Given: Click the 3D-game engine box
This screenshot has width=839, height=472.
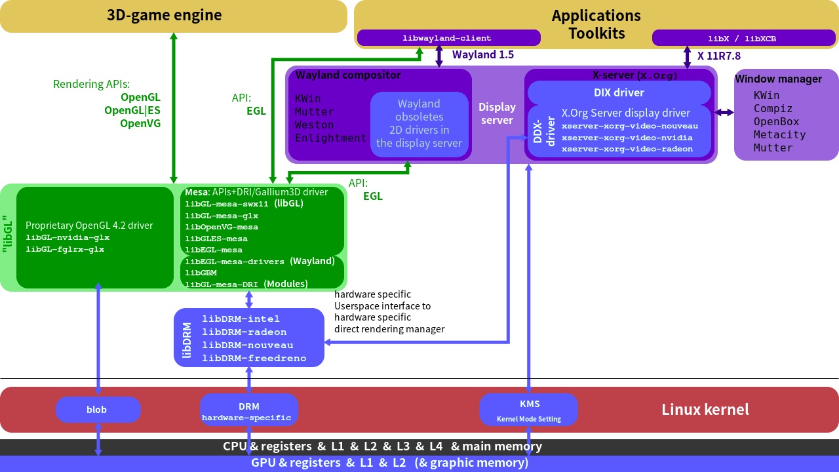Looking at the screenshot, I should [174, 16].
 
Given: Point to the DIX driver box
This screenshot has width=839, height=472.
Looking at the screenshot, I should [619, 92].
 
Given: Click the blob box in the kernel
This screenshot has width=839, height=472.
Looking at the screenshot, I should [98, 410].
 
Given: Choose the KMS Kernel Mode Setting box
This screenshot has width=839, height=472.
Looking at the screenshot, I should [528, 410].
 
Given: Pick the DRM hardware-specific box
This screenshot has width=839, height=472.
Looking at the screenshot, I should [248, 410].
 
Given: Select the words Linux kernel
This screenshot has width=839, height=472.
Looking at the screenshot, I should [705, 410].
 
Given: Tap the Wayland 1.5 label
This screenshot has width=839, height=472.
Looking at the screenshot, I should [483, 55].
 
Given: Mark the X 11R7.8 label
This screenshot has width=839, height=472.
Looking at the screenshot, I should [719, 56].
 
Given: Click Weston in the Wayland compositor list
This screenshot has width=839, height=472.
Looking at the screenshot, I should [314, 125].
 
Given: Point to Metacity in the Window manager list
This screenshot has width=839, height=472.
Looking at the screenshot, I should [779, 134].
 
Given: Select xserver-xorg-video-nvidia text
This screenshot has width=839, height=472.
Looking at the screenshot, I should [627, 138].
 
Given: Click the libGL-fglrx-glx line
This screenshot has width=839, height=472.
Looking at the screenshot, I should [65, 249].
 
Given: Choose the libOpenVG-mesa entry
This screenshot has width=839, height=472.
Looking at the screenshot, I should [222, 227].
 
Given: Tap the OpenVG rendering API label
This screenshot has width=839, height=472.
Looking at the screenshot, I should [140, 123].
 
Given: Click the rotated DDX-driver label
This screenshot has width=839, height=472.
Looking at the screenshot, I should [543, 132].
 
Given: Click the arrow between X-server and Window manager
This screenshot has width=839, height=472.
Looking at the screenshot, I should [724, 113].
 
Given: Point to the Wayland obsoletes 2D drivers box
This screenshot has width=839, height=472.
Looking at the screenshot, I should [419, 123].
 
